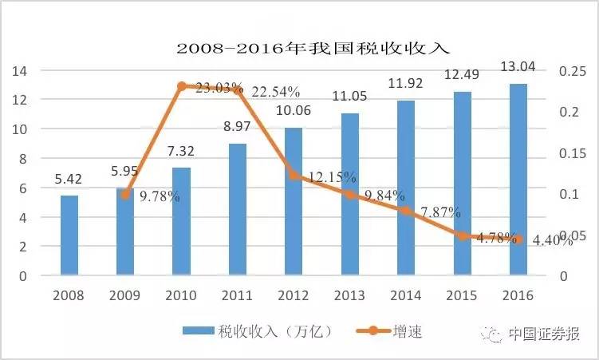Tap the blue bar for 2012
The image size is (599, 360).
tap(294, 201)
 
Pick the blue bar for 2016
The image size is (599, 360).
tap(518, 180)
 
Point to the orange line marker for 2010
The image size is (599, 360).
tap(182, 86)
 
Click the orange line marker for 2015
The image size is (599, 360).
tap(462, 236)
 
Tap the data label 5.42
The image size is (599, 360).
tap(69, 180)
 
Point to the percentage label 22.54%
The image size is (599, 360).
tap(275, 92)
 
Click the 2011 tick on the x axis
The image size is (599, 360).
tap(238, 295)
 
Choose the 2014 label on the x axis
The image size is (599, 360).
tap(406, 295)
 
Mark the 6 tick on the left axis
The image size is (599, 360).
tap(23, 188)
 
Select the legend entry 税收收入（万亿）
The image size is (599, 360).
tap(255, 331)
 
